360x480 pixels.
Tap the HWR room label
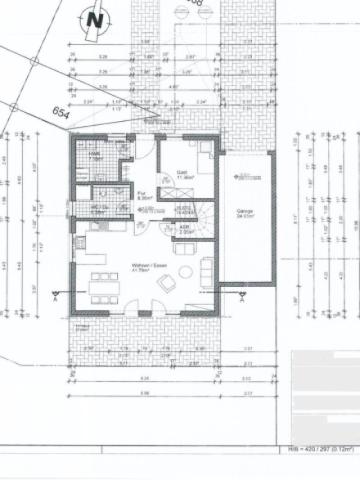coord(95,152)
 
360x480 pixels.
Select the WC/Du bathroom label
coord(98,209)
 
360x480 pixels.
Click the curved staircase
coord(202,218)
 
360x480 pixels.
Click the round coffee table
coord(184,271)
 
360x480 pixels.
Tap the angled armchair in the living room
coord(164,284)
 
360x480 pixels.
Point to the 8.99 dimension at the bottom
coord(144,393)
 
